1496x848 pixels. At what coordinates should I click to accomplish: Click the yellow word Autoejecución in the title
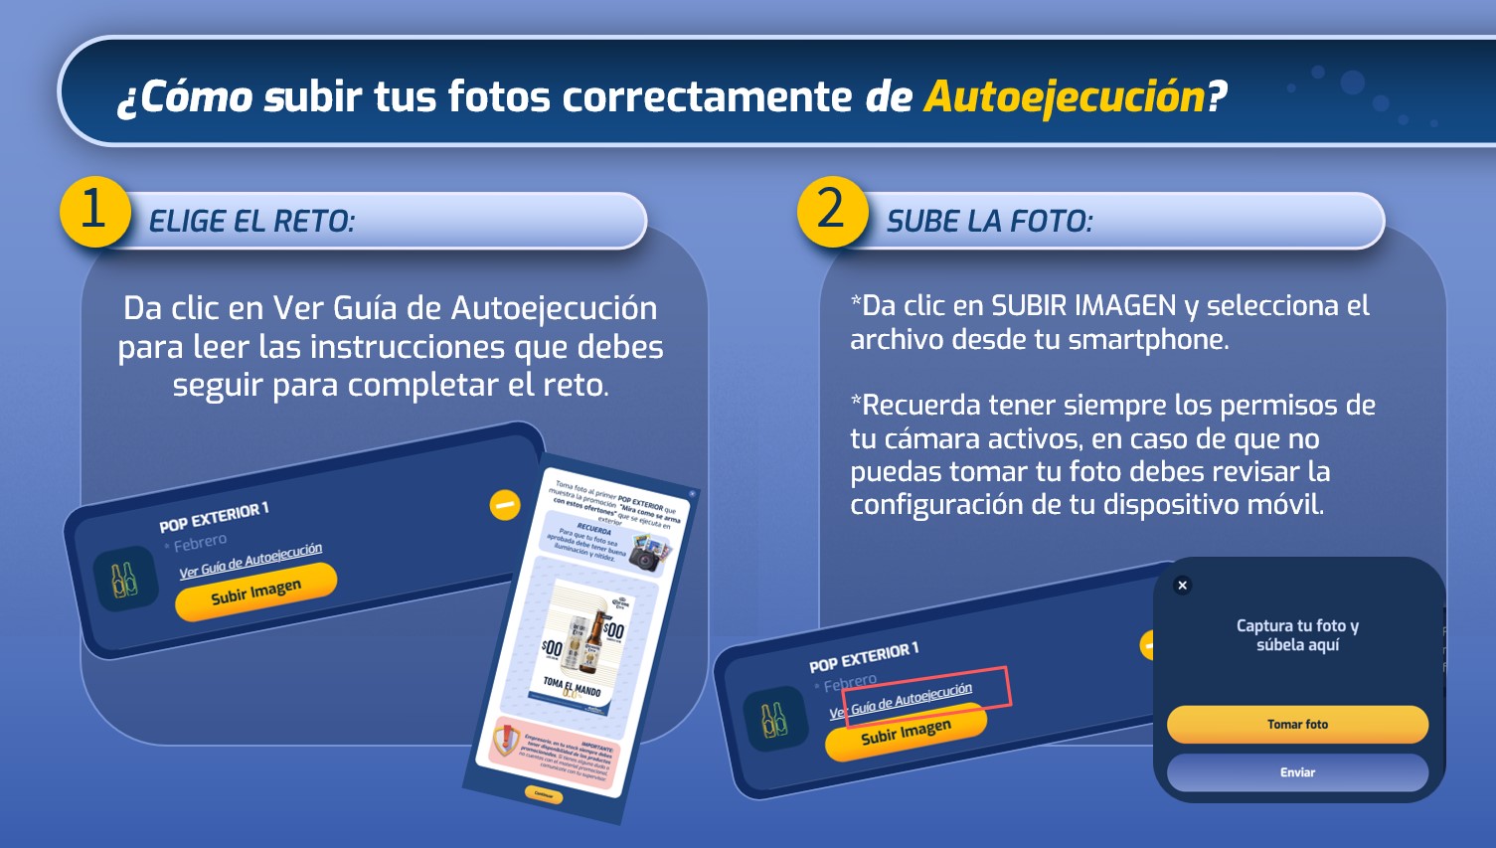coord(1065,96)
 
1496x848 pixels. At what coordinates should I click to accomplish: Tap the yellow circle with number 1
coord(94,211)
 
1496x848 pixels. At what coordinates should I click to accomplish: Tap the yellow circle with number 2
coord(831,211)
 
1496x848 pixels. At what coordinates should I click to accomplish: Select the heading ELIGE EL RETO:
coord(251,221)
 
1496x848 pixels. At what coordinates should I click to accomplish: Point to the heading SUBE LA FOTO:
coord(989,221)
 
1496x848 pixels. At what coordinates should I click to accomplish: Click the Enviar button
coord(1297,772)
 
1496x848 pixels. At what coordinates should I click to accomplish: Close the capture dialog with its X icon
coord(1182,586)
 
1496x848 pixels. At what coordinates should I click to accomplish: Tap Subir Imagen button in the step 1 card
coord(255,593)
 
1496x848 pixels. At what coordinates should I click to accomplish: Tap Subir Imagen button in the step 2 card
coord(906,733)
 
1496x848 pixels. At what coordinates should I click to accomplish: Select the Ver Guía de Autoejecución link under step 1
coord(250,561)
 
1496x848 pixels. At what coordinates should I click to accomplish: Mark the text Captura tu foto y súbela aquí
coord(1297,635)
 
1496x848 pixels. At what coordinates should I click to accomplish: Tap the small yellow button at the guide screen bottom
coord(544,794)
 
